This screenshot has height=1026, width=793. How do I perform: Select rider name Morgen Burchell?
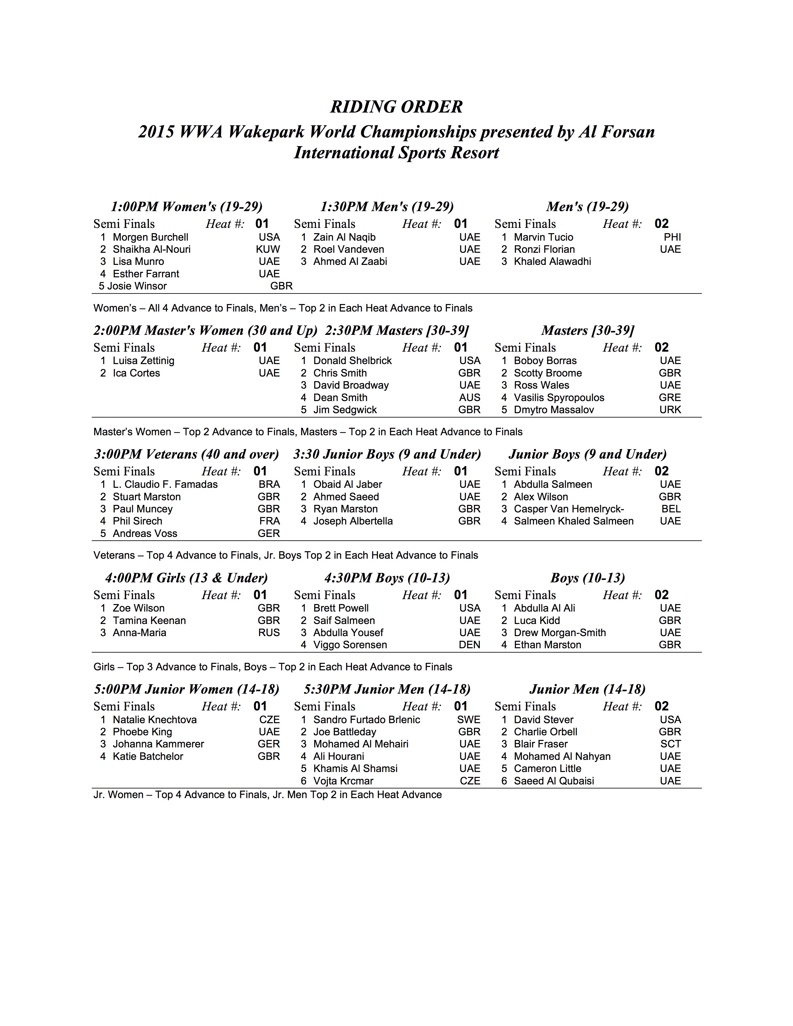click(150, 237)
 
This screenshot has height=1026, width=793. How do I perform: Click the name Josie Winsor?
click(137, 286)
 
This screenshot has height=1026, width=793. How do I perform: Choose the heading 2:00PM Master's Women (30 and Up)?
click(205, 331)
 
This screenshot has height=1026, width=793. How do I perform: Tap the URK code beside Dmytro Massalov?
click(670, 410)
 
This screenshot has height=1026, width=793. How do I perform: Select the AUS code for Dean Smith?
click(469, 397)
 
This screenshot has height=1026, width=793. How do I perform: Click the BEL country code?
click(671, 509)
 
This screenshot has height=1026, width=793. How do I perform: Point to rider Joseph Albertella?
click(353, 521)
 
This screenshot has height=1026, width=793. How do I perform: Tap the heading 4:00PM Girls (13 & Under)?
click(187, 578)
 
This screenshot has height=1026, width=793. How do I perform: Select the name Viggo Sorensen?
click(350, 645)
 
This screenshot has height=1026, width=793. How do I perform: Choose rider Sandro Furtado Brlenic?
click(366, 720)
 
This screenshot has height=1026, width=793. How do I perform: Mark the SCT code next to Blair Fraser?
click(670, 744)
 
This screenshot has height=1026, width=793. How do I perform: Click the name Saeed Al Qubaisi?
click(554, 781)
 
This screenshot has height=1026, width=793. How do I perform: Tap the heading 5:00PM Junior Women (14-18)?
click(187, 689)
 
